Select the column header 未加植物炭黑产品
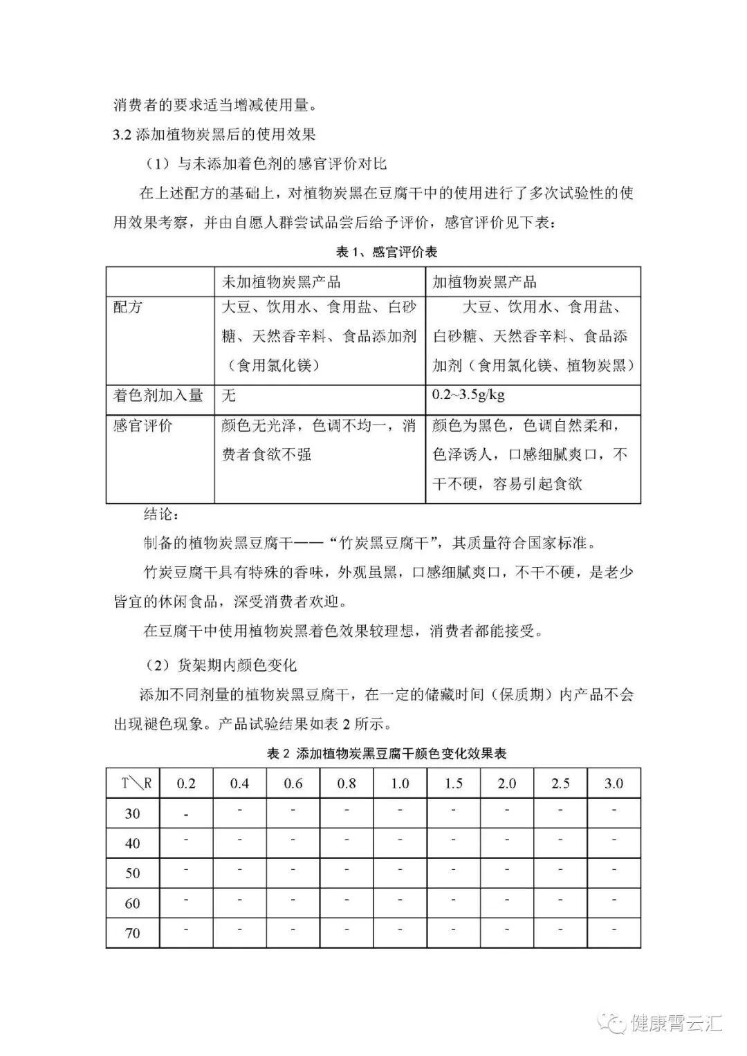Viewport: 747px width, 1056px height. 281,282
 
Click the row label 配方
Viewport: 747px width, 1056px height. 128,307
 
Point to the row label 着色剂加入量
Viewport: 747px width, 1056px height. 158,396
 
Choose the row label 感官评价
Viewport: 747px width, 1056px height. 143,425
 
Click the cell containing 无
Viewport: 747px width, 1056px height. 229,396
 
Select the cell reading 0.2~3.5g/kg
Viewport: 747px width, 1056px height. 468,395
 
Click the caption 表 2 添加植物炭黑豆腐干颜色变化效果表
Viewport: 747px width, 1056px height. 387,753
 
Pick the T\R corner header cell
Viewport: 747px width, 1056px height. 133,784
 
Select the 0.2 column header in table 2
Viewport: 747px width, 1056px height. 187,784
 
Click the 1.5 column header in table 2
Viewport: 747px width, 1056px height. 454,784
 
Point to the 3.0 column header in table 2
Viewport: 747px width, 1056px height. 614,784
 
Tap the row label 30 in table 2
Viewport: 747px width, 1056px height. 133,814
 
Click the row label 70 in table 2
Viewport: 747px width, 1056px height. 133,934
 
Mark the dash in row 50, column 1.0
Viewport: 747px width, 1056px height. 400,870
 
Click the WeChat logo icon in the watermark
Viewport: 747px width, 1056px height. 612,1021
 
